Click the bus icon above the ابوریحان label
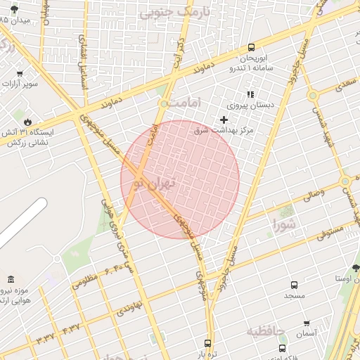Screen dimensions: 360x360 click(251, 48)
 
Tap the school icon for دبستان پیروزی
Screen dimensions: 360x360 click(250, 94)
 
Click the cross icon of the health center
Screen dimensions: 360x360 click(224, 120)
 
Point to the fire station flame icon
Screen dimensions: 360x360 click(27, 122)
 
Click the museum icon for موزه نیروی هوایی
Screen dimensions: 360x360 click(11, 279)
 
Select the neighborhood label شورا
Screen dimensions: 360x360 click(286, 225)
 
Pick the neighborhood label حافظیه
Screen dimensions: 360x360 click(266, 330)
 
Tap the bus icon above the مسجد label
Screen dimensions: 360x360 click(294, 285)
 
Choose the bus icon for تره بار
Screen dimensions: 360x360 click(207, 343)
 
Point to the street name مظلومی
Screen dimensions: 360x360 click(83, 281)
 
